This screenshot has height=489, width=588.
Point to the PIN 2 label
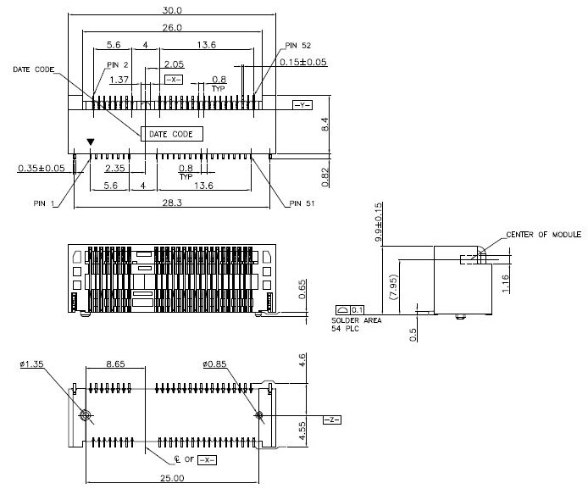(118, 64)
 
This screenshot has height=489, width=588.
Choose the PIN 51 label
(303, 203)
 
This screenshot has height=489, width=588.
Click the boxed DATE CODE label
(171, 134)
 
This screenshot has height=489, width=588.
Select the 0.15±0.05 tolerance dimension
(303, 63)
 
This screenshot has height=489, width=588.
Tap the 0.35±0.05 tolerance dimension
(42, 168)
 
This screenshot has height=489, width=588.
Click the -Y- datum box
(302, 105)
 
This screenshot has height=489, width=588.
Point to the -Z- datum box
(332, 420)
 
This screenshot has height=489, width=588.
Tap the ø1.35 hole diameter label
(31, 365)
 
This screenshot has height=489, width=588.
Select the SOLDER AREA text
(356, 320)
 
